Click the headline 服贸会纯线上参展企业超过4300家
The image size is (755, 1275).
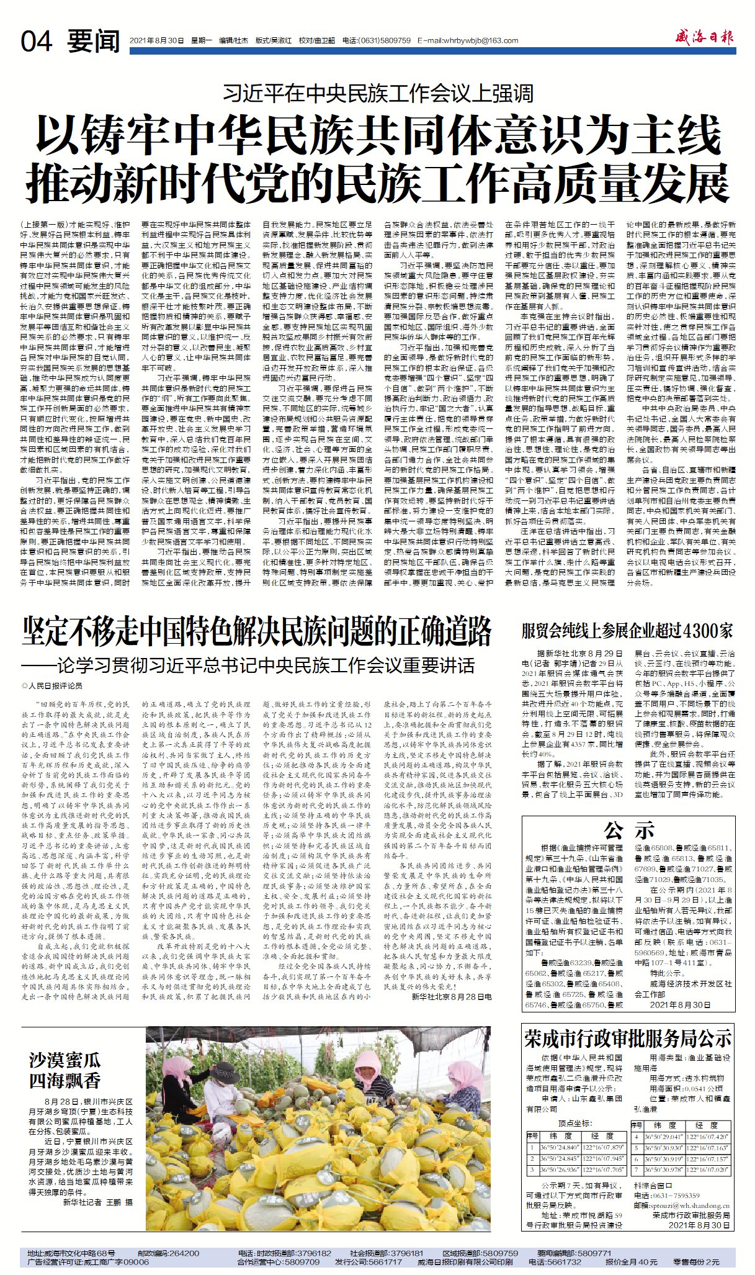click(627, 631)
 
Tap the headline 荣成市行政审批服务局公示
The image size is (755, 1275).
click(628, 1038)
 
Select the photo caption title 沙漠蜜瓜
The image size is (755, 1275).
click(65, 1060)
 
